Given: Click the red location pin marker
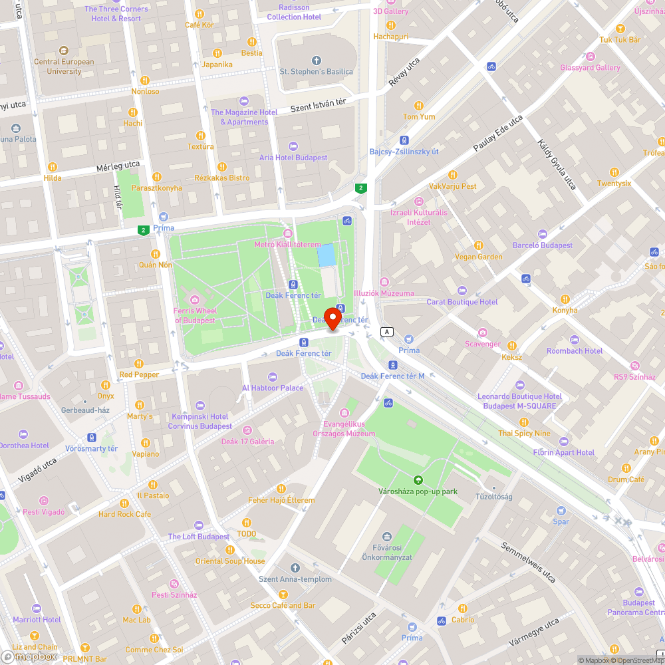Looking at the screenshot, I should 332,318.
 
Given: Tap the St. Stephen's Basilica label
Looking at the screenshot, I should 316,72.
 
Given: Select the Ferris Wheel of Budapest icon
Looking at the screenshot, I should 195,299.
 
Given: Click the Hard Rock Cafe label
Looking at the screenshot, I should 125,514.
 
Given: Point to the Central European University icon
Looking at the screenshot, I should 64,51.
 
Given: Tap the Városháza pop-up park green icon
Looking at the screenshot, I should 418,480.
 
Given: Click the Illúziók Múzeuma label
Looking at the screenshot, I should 384,293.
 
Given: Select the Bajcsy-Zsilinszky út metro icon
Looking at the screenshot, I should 404,140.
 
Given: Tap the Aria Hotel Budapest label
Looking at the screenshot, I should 293,158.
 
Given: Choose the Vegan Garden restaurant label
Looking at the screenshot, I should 479,257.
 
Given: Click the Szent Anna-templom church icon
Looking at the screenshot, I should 295,568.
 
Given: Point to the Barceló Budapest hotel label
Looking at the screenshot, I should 543,245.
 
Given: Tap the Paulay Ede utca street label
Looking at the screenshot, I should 498,134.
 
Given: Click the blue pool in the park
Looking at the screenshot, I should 327,255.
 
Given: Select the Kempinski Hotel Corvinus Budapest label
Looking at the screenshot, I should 199,421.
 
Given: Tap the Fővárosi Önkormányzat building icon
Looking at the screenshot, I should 387,537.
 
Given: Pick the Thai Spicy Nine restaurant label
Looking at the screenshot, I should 525,434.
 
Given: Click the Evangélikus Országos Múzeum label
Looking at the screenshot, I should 344,429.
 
